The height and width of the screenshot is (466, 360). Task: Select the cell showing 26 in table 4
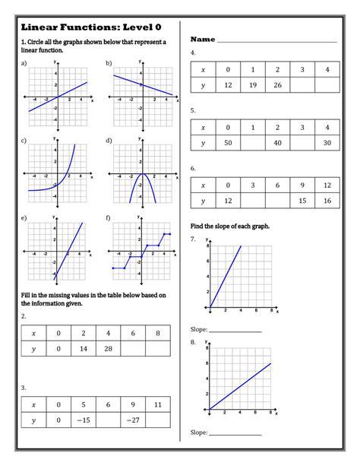point(277,85)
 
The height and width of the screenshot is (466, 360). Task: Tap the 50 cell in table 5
point(227,143)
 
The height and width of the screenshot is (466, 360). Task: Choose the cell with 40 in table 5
point(277,143)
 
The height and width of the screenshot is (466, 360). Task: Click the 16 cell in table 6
point(327,201)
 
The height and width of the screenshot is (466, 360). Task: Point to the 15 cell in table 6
point(302,201)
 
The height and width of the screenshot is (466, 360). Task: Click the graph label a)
point(24,63)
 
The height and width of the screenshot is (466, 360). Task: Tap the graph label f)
point(109,218)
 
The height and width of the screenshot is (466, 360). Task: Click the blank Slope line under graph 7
point(235,331)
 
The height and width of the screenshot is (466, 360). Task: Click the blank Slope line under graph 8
point(235,433)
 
